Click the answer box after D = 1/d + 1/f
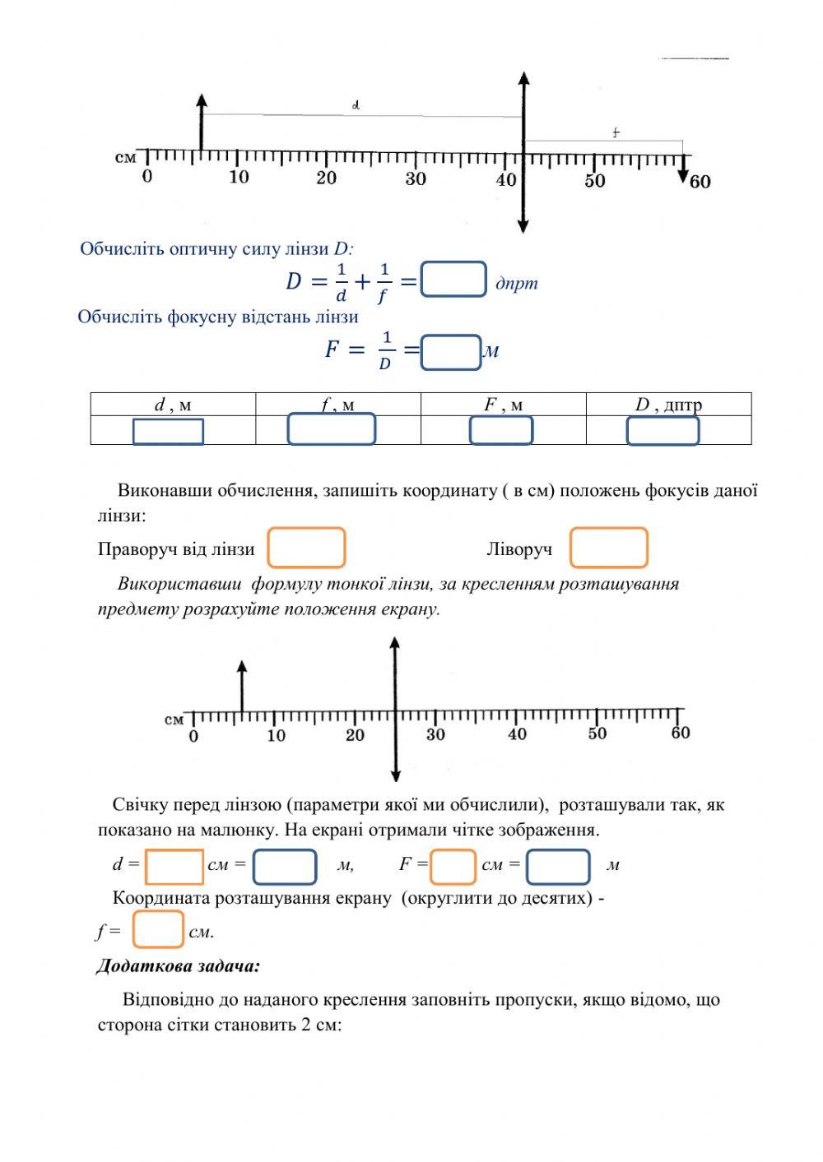click(453, 280)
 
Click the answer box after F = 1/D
click(451, 352)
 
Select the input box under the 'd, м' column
click(168, 431)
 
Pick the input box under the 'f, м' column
click(331, 429)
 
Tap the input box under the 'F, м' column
click(501, 430)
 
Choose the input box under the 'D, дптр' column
click(663, 431)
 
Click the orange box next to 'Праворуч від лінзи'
click(306, 548)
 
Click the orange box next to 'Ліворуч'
click(609, 548)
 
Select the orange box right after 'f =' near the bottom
click(158, 929)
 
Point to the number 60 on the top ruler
click(700, 182)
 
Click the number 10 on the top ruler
click(239, 178)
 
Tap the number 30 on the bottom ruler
click(435, 734)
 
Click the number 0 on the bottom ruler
click(193, 736)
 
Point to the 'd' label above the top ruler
click(356, 105)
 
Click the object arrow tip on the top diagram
click(202, 100)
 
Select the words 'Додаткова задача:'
click(179, 965)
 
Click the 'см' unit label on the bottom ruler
click(174, 720)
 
